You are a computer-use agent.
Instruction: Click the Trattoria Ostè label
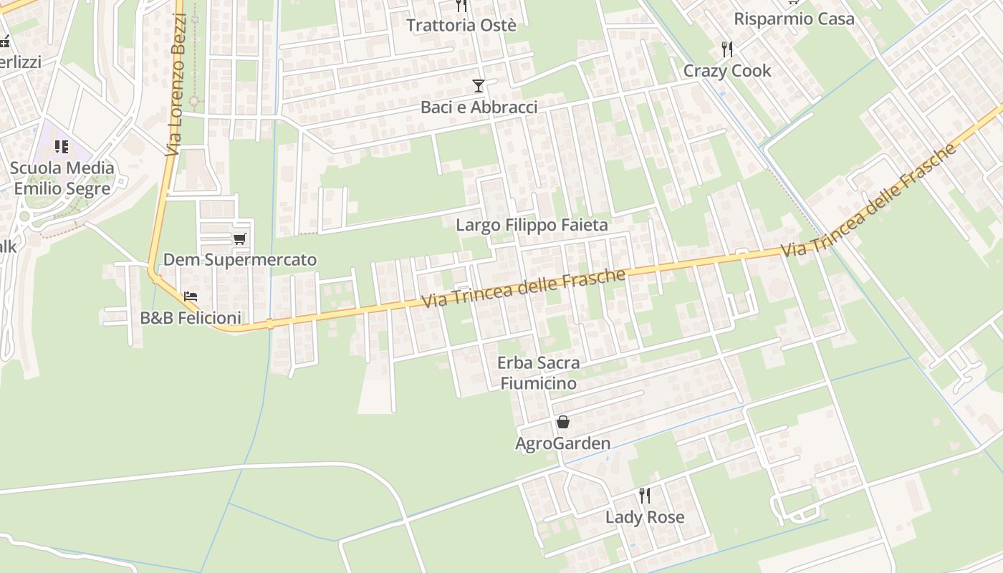pyautogui.click(x=461, y=25)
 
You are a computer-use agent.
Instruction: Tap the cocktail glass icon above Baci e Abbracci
pyautogui.click(x=479, y=86)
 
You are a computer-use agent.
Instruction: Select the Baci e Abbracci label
pyautogui.click(x=479, y=107)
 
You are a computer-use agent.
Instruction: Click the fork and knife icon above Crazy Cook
pyautogui.click(x=727, y=49)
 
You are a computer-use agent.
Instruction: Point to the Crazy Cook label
pyautogui.click(x=727, y=71)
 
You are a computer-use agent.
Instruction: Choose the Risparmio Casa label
pyautogui.click(x=794, y=19)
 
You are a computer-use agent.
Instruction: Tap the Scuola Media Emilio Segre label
pyautogui.click(x=62, y=178)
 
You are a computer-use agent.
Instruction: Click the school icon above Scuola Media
pyautogui.click(x=62, y=147)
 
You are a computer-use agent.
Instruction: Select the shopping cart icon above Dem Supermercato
pyautogui.click(x=239, y=239)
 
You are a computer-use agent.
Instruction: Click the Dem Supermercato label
pyautogui.click(x=240, y=259)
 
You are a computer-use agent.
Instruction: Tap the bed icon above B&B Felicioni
pyautogui.click(x=191, y=296)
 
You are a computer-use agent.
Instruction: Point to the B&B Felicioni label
pyautogui.click(x=191, y=317)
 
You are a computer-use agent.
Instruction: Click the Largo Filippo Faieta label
pyautogui.click(x=532, y=225)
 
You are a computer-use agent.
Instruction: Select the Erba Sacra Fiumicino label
pyautogui.click(x=539, y=373)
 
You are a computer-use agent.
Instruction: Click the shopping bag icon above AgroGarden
pyautogui.click(x=563, y=422)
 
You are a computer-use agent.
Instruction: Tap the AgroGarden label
pyautogui.click(x=563, y=443)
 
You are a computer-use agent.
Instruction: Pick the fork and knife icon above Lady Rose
pyautogui.click(x=645, y=495)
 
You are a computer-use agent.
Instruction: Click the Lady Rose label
pyautogui.click(x=645, y=517)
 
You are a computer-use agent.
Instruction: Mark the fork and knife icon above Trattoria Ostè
pyautogui.click(x=461, y=6)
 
